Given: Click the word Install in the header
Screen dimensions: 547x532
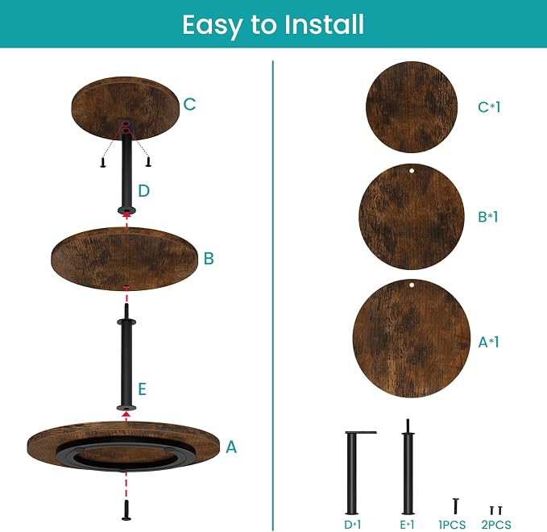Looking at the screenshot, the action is [324, 24].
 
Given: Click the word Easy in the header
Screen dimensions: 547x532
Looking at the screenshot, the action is [212, 26].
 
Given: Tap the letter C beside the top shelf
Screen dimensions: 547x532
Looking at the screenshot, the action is [189, 104].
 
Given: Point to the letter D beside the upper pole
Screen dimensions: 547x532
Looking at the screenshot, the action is [144, 190].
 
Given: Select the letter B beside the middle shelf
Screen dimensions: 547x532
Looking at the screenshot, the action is [209, 258].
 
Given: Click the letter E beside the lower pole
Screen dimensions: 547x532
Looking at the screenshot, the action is [142, 389].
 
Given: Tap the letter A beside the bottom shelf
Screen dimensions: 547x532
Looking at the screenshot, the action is [231, 447].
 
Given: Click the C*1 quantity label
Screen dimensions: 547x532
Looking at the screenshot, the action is [489, 107].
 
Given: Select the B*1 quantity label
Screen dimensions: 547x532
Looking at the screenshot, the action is [487, 217].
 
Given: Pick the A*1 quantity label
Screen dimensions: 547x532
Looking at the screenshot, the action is [488, 342].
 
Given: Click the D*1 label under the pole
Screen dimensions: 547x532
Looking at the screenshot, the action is [352, 524].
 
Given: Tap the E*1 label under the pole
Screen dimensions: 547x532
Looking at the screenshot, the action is [408, 524].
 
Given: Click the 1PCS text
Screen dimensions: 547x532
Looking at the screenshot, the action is [452, 524].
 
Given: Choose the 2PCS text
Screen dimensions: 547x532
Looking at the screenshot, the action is [496, 524].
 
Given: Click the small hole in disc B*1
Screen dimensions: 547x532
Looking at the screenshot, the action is [412, 171].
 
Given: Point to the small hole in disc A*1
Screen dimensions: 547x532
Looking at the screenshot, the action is [412, 285].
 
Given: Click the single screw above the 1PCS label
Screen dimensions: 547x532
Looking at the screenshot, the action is [455, 506].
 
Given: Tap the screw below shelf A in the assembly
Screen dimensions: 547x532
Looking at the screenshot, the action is [126, 510].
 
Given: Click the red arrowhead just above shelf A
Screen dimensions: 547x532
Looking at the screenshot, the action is [126, 414].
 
